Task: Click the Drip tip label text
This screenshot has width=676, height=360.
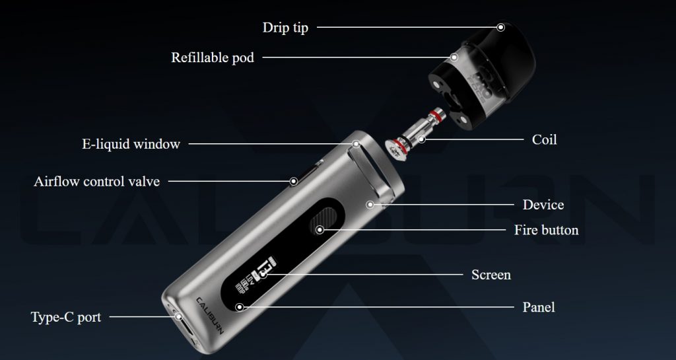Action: pos(285,28)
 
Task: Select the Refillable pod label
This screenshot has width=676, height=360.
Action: pos(213,57)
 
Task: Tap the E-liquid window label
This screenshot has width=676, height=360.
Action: pos(131,144)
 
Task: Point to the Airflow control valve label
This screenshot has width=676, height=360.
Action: pos(96,182)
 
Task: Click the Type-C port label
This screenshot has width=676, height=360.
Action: pos(66,317)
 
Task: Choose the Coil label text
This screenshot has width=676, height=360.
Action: pos(544,139)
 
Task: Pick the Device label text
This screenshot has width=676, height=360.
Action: pos(543,205)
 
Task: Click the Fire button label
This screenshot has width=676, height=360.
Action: pos(546,230)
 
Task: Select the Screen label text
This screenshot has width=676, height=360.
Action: pos(491,275)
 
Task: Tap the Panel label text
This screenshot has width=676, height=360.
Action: pos(539,307)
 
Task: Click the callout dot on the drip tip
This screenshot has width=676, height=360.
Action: pos(500,27)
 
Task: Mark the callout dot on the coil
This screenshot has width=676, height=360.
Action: pos(422,139)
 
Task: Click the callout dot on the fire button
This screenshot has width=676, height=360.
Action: pos(320,230)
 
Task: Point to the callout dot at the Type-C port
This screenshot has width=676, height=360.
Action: pos(178,317)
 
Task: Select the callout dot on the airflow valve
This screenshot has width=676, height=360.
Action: pos(294,181)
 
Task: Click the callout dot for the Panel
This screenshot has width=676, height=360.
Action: pos(240,307)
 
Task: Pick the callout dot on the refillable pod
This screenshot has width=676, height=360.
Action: pos(454,57)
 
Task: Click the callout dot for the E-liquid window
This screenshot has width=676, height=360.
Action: pos(356,143)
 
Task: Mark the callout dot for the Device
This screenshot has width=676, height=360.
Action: pos(370,204)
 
